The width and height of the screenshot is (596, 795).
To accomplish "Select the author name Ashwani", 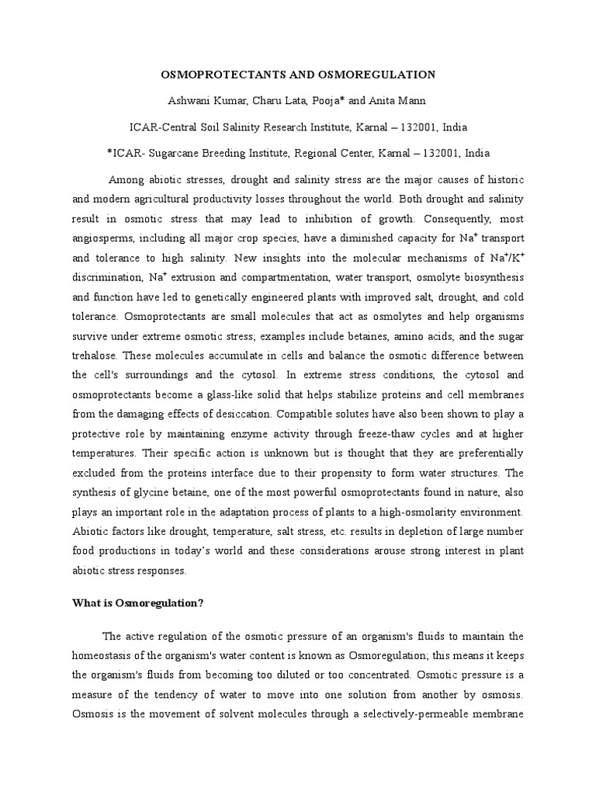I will pyautogui.click(x=189, y=101).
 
